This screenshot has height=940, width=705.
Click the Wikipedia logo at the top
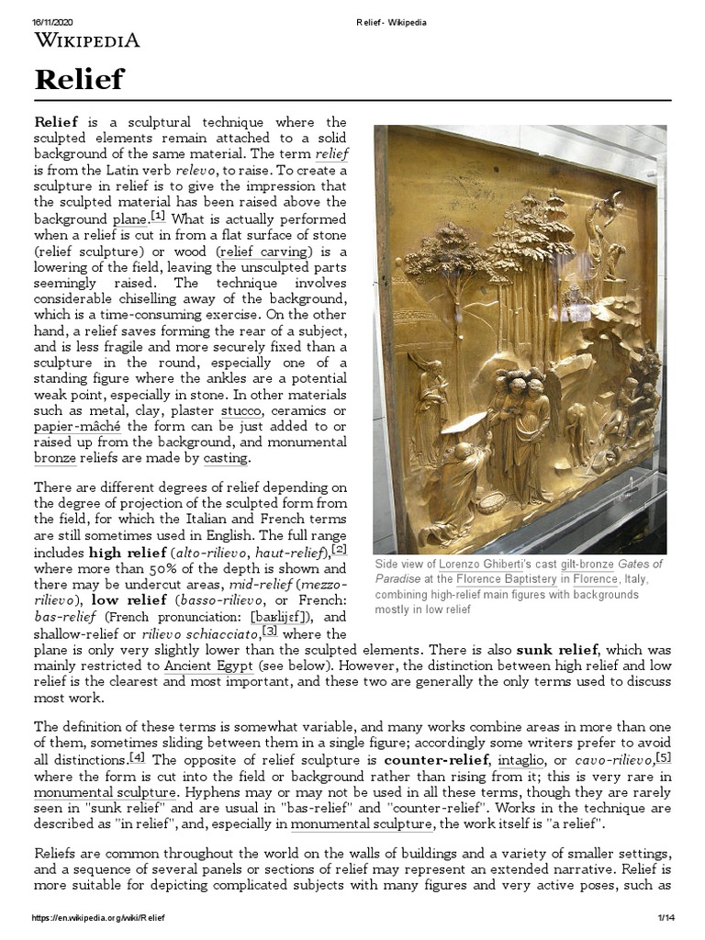[x=87, y=39]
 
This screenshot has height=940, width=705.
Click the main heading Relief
[x=79, y=80]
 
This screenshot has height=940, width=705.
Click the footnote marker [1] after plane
[x=158, y=217]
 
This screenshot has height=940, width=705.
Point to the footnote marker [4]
[x=137, y=758]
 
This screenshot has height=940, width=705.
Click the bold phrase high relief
[x=127, y=552]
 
